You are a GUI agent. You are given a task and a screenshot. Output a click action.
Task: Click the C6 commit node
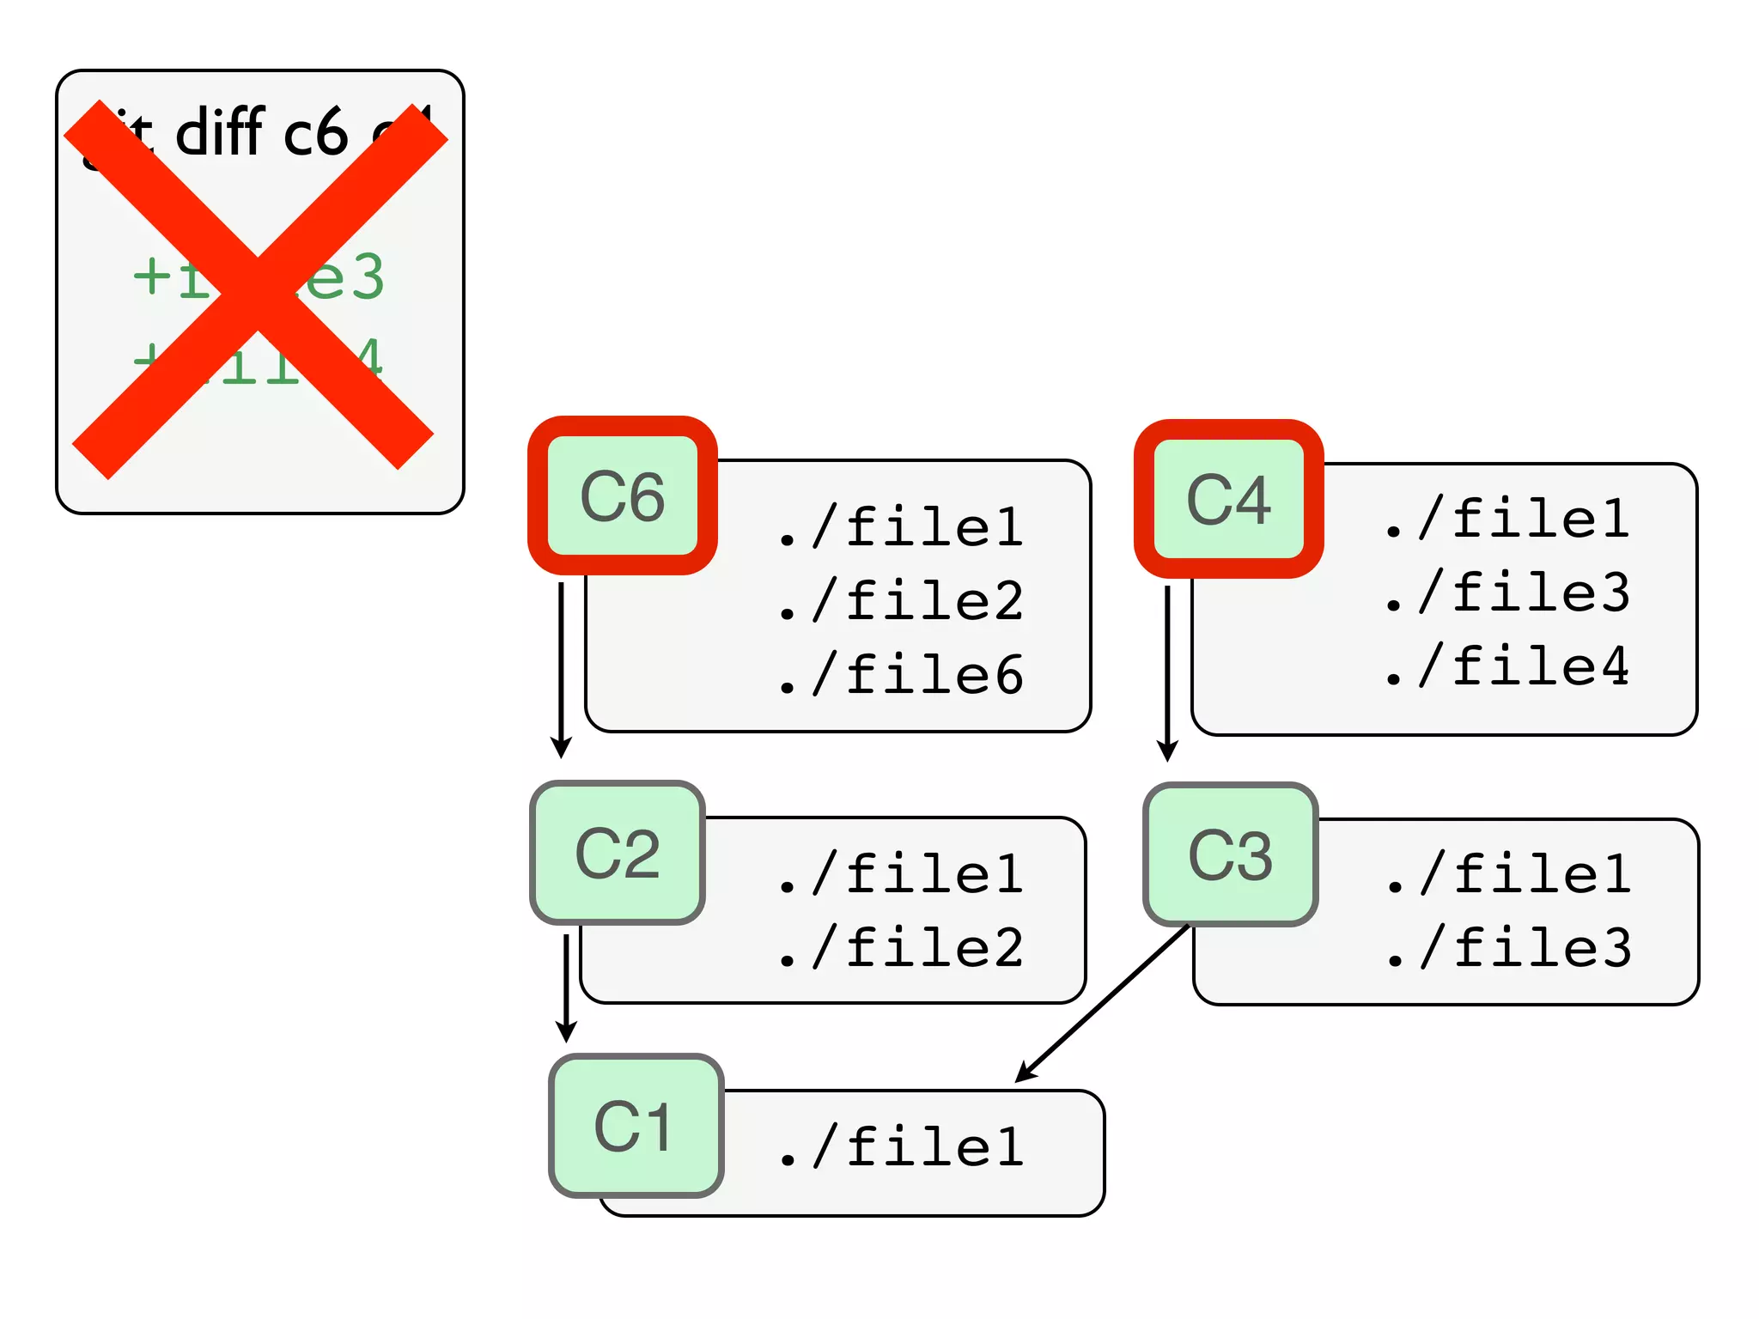click(x=623, y=496)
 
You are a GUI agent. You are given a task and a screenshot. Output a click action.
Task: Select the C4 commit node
click(x=1228, y=499)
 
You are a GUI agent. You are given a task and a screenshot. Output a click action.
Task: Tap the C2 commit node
click(x=618, y=854)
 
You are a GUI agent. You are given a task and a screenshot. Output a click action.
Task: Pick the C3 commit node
click(x=1230, y=855)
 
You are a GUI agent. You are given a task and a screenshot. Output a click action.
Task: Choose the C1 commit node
click(x=636, y=1126)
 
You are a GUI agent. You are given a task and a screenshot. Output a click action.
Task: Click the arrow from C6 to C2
click(x=561, y=670)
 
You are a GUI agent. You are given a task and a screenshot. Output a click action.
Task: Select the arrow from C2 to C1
click(x=566, y=988)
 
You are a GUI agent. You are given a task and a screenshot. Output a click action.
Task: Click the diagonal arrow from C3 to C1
click(x=1103, y=1003)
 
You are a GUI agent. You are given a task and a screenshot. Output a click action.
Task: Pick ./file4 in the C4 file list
click(x=1508, y=666)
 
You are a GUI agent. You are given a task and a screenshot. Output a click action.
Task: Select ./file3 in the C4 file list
click(x=1508, y=593)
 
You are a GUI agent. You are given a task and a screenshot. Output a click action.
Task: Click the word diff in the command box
click(x=219, y=133)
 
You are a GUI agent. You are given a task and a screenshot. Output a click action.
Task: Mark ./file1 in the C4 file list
click(x=1508, y=519)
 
